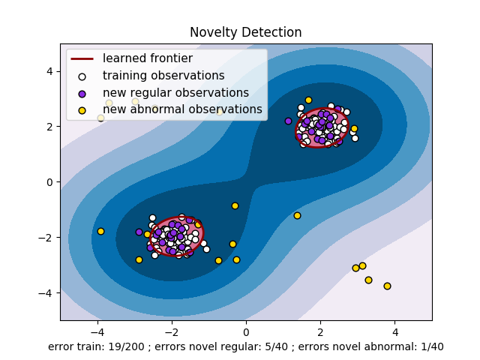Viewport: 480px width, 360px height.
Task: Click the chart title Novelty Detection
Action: (x=245, y=32)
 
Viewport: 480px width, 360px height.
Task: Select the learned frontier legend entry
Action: (x=147, y=58)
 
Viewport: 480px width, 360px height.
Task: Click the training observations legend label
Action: (x=163, y=76)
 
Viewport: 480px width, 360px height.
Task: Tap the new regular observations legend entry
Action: (x=175, y=93)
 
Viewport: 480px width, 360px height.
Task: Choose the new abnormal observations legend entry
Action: (x=182, y=109)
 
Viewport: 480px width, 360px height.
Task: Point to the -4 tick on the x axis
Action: (x=97, y=332)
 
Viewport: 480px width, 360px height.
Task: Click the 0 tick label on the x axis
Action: (x=246, y=332)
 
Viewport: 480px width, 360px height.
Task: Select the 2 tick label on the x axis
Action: (x=320, y=332)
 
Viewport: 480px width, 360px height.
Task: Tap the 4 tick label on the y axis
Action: (x=49, y=71)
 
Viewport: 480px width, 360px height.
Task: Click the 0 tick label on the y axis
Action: (x=49, y=182)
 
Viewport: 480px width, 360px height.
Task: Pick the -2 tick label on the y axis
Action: (x=46, y=238)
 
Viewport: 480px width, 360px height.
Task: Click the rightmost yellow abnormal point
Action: (x=387, y=286)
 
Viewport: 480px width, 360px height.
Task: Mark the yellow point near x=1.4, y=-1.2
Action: (x=297, y=215)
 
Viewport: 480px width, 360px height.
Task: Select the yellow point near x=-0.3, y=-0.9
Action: (x=235, y=205)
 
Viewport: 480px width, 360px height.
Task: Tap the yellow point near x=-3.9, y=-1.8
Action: (x=100, y=231)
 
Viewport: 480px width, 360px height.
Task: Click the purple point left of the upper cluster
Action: (x=288, y=121)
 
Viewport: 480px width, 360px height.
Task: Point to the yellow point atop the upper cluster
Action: (x=308, y=100)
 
